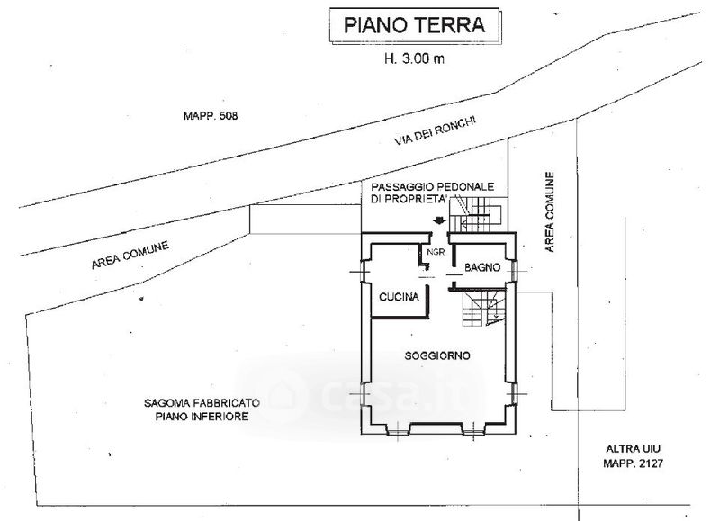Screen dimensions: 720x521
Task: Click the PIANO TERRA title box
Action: tap(415, 26)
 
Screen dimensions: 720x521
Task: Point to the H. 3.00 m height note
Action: tap(414, 58)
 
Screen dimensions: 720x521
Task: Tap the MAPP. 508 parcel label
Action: tap(211, 116)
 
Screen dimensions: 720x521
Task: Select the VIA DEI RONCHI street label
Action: tap(435, 130)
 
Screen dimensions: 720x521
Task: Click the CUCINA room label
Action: tap(399, 297)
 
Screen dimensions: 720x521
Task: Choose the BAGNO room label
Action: tap(482, 267)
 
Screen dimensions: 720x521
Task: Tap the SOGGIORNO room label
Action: tap(437, 355)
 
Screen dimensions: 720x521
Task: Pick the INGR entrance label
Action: tap(436, 252)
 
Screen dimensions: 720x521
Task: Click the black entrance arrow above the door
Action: tap(439, 220)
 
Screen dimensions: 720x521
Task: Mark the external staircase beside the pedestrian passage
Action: tap(478, 215)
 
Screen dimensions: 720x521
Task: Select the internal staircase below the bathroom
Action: tap(483, 308)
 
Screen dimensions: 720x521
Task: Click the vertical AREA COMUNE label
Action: tap(549, 212)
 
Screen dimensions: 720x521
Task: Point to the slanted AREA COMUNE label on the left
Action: tap(130, 256)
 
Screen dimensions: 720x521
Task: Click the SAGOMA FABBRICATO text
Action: tap(202, 403)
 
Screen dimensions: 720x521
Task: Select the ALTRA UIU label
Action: tap(634, 449)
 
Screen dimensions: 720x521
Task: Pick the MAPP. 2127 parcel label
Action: tap(634, 463)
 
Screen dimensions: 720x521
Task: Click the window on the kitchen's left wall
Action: tap(365, 272)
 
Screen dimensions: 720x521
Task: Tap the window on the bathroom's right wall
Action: tap(515, 270)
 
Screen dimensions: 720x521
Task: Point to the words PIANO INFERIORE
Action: tap(202, 417)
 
